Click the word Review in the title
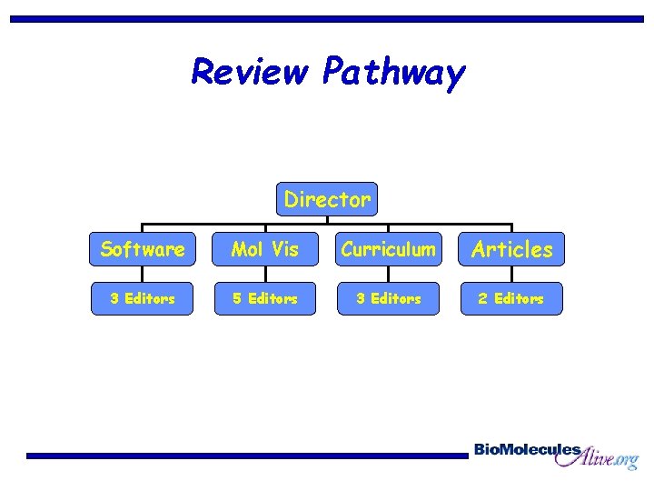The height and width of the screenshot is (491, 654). (x=251, y=71)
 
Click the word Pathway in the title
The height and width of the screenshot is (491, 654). (x=393, y=73)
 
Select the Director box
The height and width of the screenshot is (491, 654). (x=327, y=199)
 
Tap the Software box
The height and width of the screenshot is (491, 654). (x=143, y=249)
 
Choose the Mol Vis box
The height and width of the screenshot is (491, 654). (x=265, y=249)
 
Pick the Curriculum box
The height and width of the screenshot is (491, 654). (x=389, y=249)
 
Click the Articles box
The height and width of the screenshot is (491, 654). (x=512, y=249)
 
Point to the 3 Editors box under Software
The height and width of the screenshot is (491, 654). (x=143, y=298)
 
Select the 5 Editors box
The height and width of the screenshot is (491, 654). (x=265, y=298)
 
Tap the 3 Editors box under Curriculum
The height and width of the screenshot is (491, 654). (x=389, y=298)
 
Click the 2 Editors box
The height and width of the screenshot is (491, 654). (x=511, y=298)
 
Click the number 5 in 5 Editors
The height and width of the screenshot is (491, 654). (x=237, y=298)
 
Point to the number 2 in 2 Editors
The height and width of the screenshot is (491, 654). (x=483, y=298)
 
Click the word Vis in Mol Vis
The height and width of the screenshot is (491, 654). (x=283, y=249)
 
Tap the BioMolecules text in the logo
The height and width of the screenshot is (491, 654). (x=527, y=449)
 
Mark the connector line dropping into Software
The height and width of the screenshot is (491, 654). (x=143, y=227)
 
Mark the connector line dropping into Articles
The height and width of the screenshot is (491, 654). (x=512, y=227)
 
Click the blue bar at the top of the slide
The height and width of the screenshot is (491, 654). (x=327, y=18)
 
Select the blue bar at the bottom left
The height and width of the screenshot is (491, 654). (x=245, y=456)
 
